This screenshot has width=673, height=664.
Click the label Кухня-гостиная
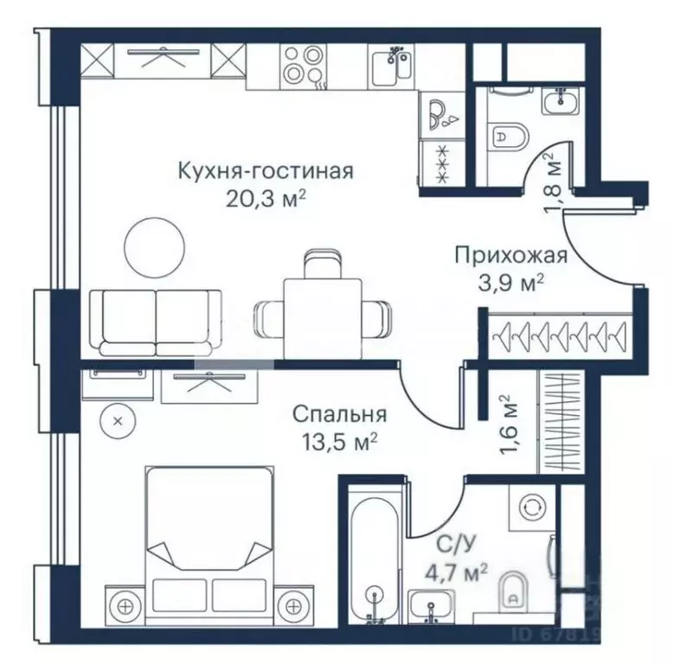coord(265,169)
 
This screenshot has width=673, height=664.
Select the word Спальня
coord(338,414)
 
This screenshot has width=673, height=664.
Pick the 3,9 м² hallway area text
coord(511,282)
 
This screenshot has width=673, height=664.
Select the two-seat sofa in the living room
coord(156,322)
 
